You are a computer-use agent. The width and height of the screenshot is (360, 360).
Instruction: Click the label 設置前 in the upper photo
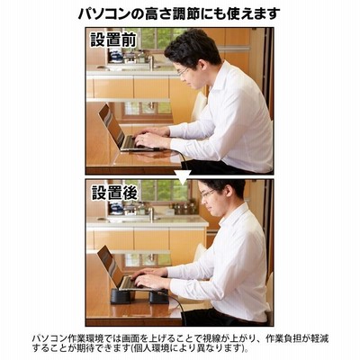click(113, 40)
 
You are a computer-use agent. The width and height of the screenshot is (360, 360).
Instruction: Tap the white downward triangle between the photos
click(183, 177)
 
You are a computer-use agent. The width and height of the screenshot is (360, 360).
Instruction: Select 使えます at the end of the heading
click(254, 13)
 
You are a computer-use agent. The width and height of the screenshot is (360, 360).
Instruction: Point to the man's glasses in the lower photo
click(209, 193)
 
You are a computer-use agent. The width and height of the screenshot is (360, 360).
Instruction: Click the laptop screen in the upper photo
click(111, 125)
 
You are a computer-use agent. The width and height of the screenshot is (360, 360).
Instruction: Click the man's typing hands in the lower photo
click(149, 277)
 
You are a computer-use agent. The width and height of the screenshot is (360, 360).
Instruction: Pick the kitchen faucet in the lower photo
click(152, 211)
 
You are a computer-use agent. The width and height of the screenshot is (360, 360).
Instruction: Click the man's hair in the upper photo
click(192, 47)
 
